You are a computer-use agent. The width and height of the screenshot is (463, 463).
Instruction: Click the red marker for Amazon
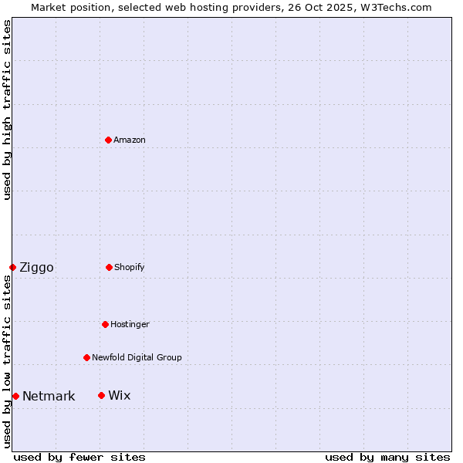(108, 140)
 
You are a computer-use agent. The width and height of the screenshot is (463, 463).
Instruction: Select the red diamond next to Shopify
(109, 267)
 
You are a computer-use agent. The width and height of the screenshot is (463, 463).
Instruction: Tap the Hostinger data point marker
(105, 324)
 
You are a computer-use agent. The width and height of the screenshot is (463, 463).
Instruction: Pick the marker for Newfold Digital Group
(86, 357)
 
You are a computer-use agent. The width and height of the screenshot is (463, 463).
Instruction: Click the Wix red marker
(101, 395)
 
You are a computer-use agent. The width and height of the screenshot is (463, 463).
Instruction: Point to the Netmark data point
(15, 396)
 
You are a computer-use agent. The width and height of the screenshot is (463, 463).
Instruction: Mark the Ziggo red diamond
(12, 267)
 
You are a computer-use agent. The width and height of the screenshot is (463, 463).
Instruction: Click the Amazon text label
(130, 140)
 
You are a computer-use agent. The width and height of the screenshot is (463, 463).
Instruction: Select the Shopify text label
(130, 267)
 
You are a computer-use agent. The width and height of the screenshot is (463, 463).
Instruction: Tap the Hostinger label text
(130, 324)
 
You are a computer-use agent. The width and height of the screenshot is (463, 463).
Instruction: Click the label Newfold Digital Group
(137, 357)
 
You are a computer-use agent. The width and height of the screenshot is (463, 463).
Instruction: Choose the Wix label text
(120, 396)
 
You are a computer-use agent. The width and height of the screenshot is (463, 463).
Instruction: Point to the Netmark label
(49, 397)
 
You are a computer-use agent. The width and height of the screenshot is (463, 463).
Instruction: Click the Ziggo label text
(36, 268)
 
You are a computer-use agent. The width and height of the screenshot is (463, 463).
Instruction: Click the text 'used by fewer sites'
(79, 457)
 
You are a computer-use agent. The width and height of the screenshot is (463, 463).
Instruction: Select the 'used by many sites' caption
(387, 457)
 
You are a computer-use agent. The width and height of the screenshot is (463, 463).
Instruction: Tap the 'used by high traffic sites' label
(7, 110)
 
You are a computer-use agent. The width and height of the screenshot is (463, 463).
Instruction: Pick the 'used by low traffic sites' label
(7, 361)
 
